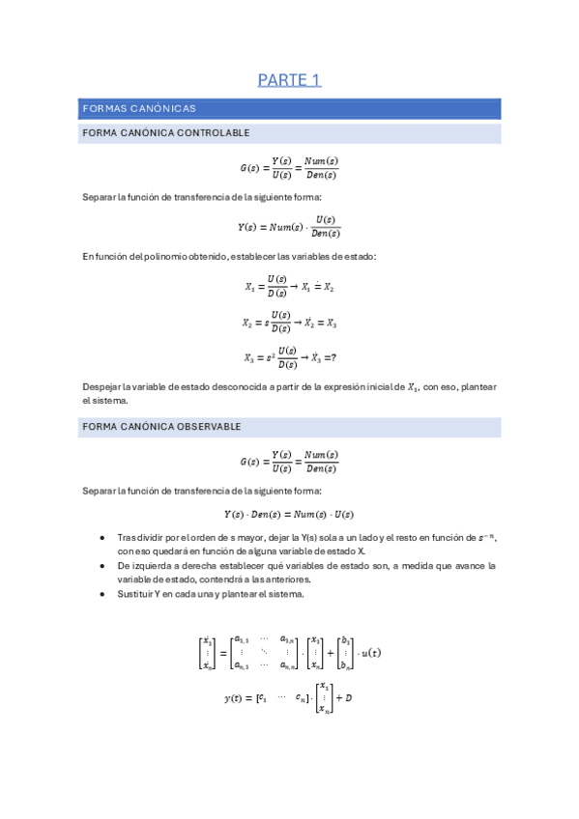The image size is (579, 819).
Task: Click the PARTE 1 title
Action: point(289,80)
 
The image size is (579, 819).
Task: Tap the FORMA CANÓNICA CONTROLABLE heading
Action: point(167,132)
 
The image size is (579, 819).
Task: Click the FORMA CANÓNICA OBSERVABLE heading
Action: point(162,426)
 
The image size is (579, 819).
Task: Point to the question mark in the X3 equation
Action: point(333,357)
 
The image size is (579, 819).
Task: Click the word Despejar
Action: point(102,387)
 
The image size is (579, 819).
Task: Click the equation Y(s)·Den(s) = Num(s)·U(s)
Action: point(289,514)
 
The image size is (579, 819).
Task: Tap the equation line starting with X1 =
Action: point(289,286)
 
